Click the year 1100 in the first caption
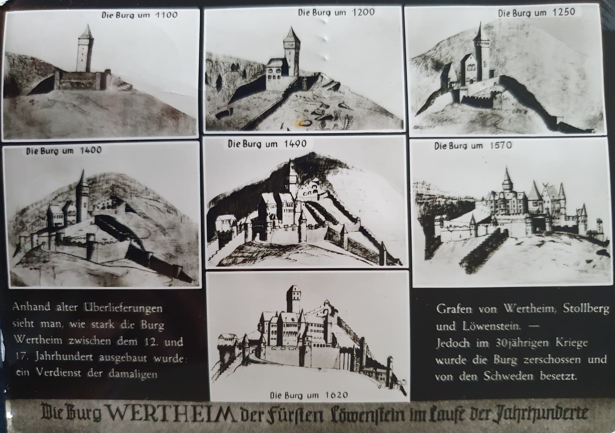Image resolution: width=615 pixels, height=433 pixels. point(166,15)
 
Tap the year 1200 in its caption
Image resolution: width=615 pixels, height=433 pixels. point(363,12)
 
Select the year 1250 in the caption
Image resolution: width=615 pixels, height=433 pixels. point(563,12)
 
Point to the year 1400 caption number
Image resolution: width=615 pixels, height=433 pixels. point(91,150)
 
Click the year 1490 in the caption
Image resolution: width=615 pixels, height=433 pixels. point(295,144)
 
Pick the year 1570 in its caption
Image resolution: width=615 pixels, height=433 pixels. point(500,146)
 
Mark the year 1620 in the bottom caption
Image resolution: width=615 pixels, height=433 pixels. point(336,395)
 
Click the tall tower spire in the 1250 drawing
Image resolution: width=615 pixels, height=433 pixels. point(480,32)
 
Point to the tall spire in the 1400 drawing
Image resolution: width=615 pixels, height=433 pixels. point(82,180)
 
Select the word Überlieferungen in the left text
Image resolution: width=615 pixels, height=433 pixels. point(123,308)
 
